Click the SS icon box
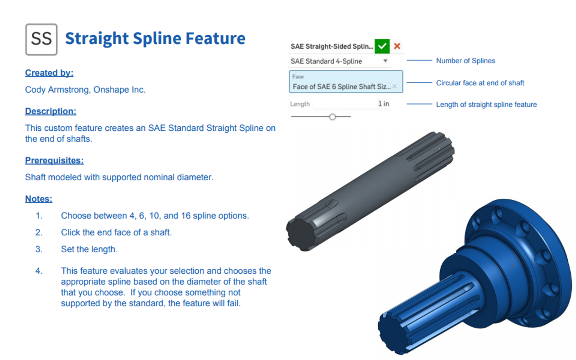tap(41, 39)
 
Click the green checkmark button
tap(382, 46)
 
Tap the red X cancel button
tap(397, 46)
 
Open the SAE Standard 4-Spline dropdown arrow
tap(385, 61)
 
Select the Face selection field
tap(346, 81)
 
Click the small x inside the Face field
tap(395, 86)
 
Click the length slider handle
tap(333, 117)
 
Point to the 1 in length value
tap(383, 104)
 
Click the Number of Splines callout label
tap(466, 61)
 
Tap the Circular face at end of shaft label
tap(480, 83)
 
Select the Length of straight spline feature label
tap(486, 105)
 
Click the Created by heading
tap(49, 73)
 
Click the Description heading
tap(51, 111)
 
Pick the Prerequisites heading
tap(54, 161)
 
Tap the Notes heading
tap(39, 199)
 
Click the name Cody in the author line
tap(35, 90)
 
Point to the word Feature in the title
tap(216, 38)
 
